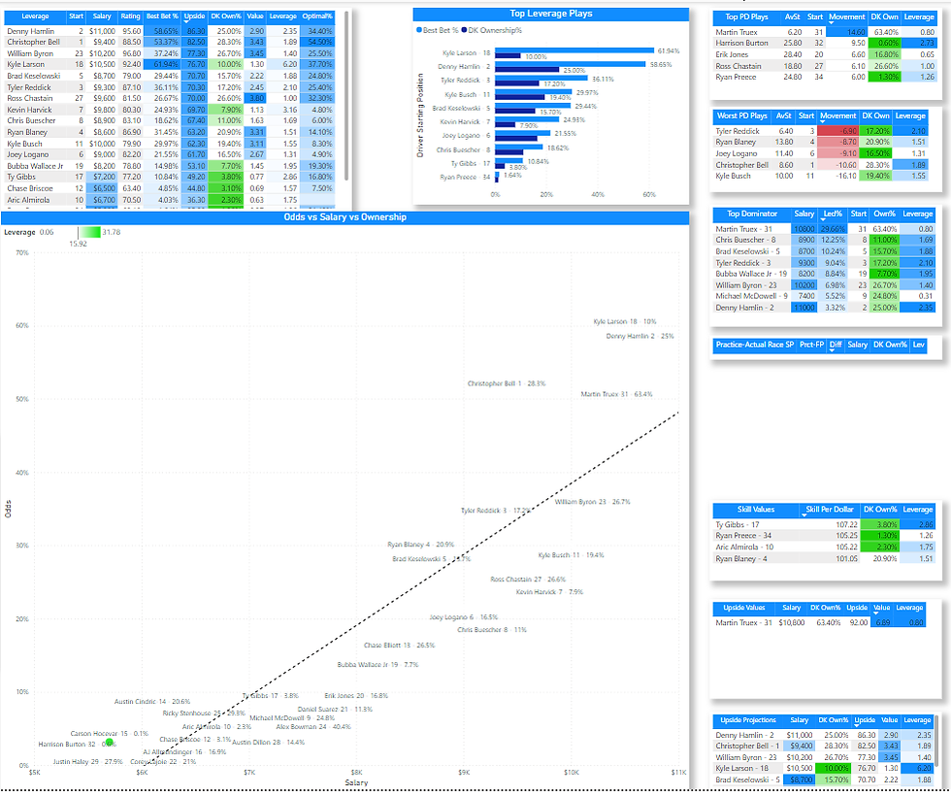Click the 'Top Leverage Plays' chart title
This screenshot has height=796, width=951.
(x=551, y=14)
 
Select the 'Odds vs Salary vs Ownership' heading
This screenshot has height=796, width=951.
(x=344, y=217)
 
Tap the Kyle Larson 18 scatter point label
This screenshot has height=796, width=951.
(x=624, y=321)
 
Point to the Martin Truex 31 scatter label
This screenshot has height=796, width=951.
(x=616, y=394)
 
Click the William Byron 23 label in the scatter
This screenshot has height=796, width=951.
(x=592, y=502)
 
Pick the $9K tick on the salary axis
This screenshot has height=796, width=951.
(x=464, y=773)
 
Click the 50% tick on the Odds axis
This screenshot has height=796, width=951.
(x=22, y=399)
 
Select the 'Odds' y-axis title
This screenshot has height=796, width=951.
(x=9, y=509)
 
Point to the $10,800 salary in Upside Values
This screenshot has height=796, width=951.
(x=794, y=622)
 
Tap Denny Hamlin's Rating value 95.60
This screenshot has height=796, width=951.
(x=132, y=31)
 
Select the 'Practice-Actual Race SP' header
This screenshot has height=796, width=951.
(x=755, y=345)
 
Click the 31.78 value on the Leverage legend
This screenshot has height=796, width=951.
(x=112, y=232)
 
